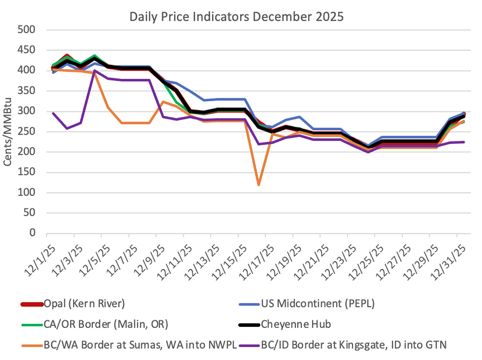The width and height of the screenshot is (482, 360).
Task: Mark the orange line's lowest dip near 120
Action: coord(258,185)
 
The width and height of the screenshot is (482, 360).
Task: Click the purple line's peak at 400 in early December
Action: coord(94,71)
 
